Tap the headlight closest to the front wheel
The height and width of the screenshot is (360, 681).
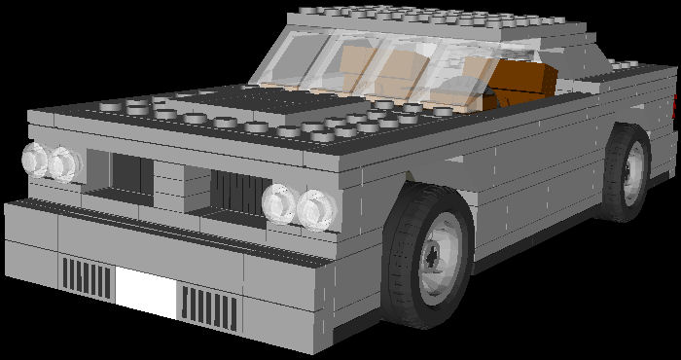point(317,208)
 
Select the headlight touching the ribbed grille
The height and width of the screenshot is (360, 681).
point(279,201)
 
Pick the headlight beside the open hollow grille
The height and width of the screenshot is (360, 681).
point(65,163)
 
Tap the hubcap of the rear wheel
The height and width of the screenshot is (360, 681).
point(633,170)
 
